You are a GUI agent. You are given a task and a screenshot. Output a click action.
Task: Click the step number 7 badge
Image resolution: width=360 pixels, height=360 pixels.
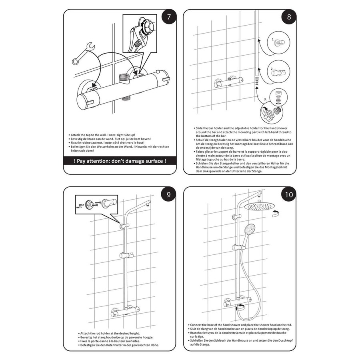point(169,18)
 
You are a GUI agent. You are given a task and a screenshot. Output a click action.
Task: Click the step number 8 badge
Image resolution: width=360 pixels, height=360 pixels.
point(286,18)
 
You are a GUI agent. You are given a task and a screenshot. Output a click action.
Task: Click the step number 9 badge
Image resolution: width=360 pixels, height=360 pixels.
point(169,195)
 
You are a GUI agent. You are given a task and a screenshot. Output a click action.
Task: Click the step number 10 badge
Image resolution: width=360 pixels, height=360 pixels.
point(286,195)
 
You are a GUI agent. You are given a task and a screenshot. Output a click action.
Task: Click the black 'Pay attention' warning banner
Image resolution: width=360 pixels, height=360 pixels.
point(120,162)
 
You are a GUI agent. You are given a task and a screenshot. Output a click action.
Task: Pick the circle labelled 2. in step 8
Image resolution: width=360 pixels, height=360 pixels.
point(276,71)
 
